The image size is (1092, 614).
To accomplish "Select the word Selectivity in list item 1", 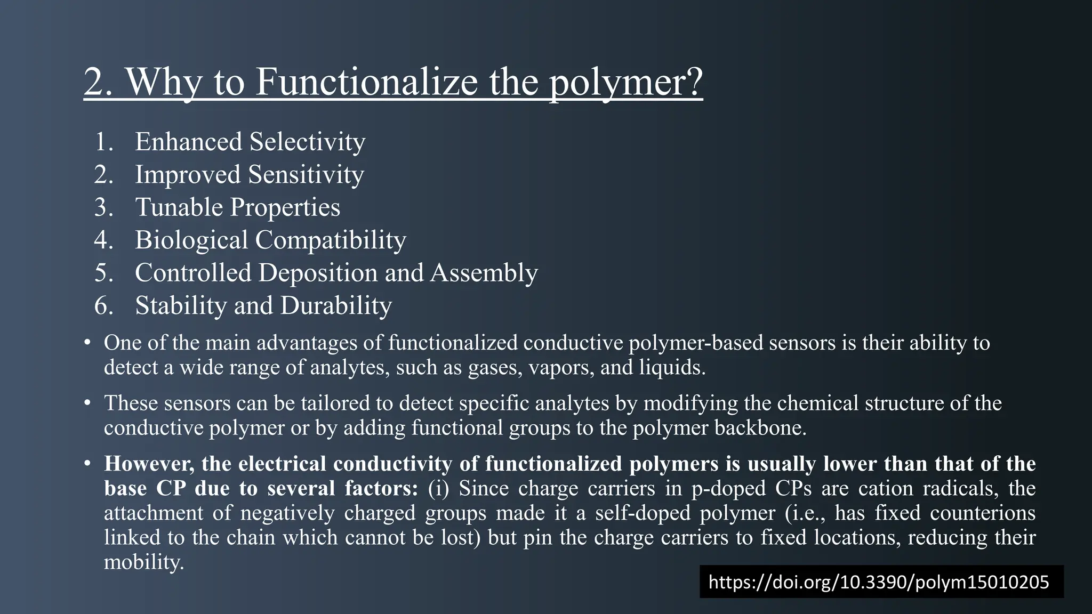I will coord(307,142).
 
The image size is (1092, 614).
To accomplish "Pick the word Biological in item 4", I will coord(191,240).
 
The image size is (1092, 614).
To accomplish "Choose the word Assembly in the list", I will coord(484,272).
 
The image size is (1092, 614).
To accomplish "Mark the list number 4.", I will coord(103,240).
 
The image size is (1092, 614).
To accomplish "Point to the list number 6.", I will coord(103,305).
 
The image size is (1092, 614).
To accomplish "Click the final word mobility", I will coord(143,562).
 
